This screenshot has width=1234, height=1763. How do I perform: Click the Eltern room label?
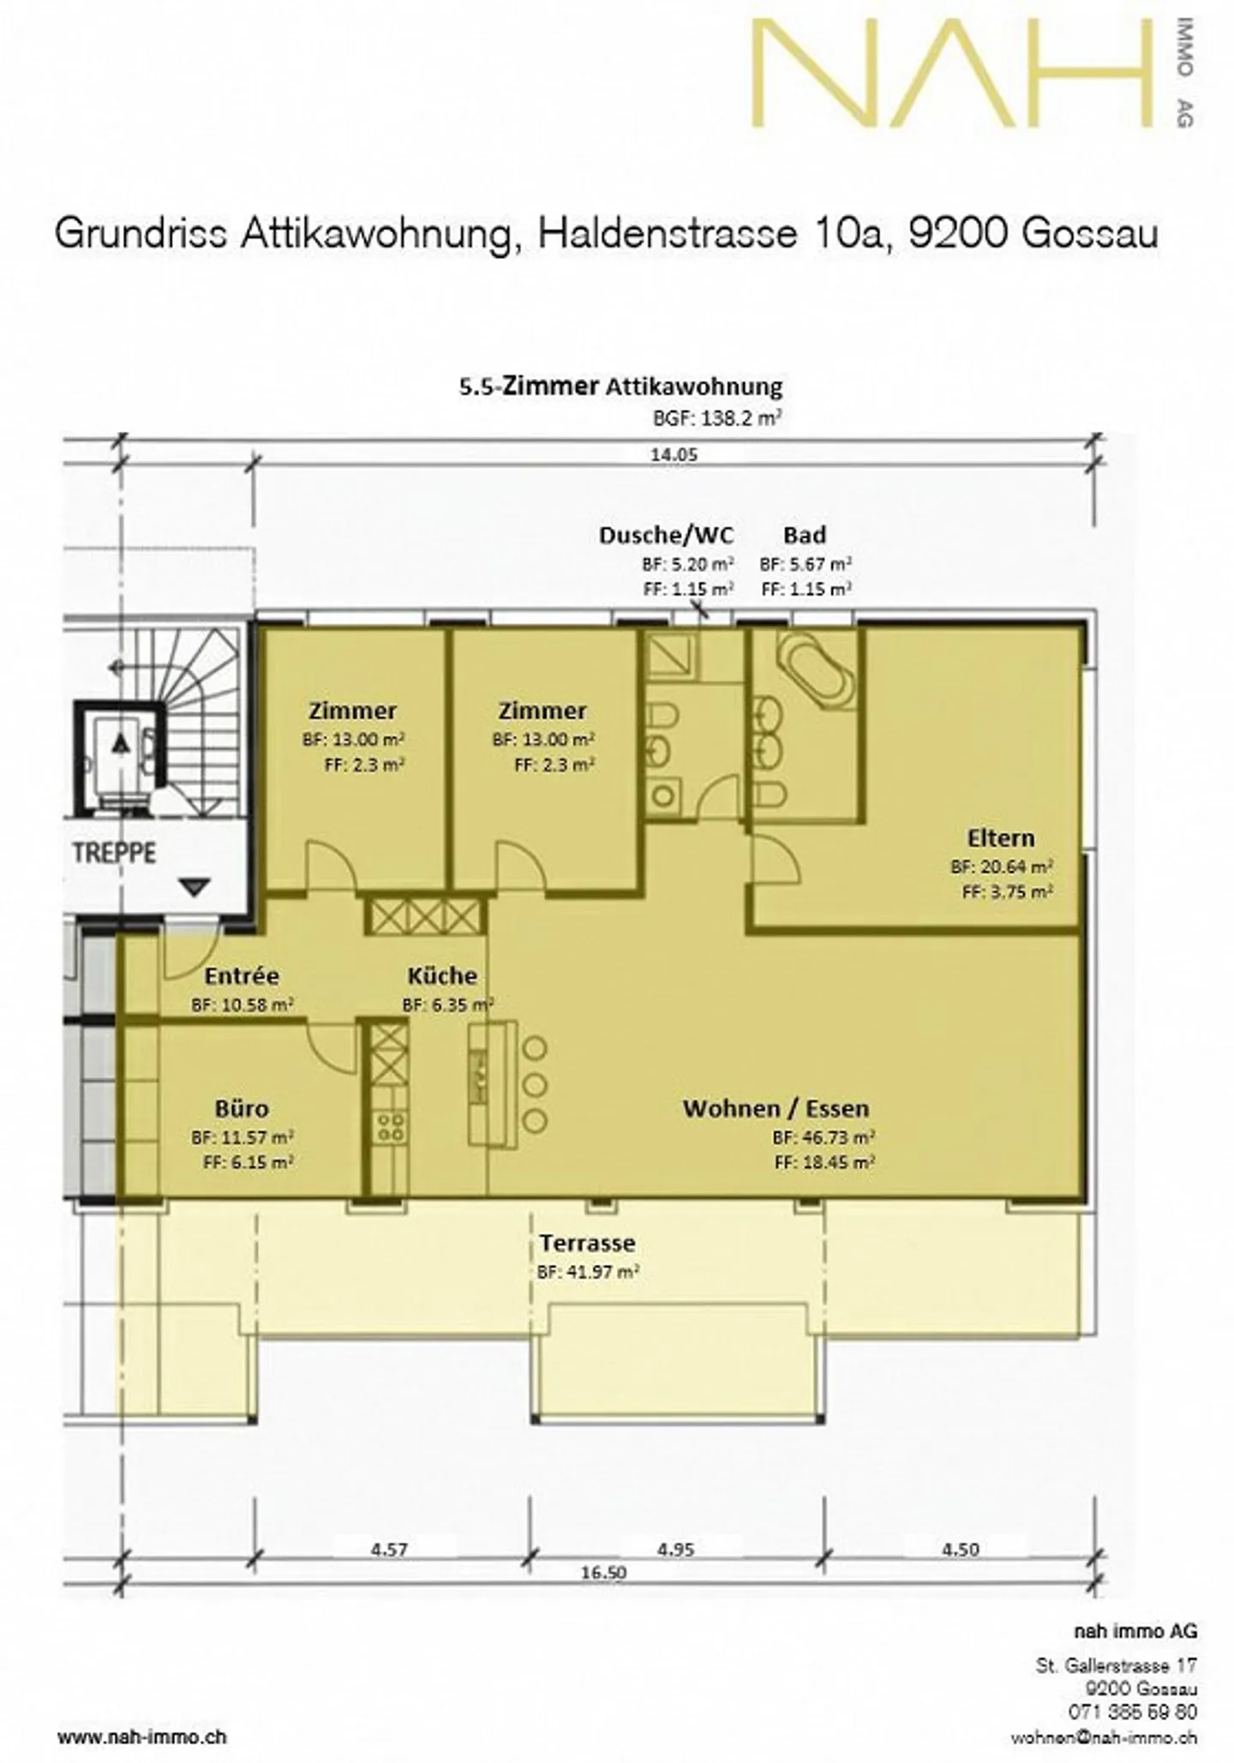1000,837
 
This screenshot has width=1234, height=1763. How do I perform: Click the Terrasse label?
587,1243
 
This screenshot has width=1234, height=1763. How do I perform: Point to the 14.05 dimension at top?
674,455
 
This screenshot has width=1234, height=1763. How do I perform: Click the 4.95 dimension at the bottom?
675,1550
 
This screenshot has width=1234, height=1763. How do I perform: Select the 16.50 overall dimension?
603,1573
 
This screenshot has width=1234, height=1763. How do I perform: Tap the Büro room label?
242,1108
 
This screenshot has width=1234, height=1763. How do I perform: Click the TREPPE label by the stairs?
114,854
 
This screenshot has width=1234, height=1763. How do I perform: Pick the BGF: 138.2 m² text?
716,418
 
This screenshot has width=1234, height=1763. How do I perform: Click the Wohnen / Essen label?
776,1108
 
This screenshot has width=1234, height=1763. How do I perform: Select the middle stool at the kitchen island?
535,1084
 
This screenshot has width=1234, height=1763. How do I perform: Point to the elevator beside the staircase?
121,756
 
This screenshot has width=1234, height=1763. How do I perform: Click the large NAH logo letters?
951,75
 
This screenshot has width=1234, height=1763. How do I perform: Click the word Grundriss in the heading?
141,234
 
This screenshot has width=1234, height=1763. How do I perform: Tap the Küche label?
441,975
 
